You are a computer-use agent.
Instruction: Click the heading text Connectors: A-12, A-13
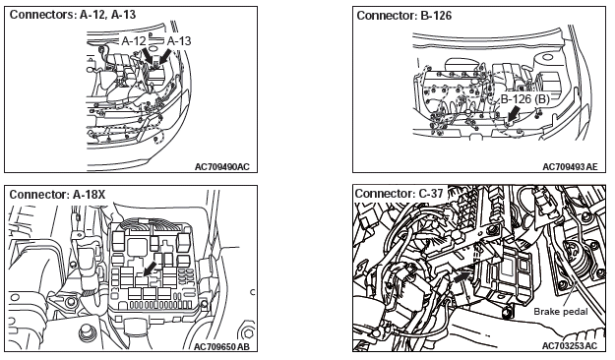pyautogui.click(x=73, y=15)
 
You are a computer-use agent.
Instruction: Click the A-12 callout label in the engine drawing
pyautogui.click(x=134, y=40)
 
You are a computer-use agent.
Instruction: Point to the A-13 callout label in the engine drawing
pyautogui.click(x=179, y=40)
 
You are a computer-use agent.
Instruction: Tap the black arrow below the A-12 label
pyautogui.click(x=148, y=55)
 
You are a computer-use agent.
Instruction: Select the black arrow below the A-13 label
pyautogui.click(x=165, y=55)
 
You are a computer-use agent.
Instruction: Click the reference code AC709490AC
pyautogui.click(x=222, y=166)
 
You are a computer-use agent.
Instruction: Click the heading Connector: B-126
pyautogui.click(x=404, y=16)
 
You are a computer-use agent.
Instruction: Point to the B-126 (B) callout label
pyautogui.click(x=525, y=98)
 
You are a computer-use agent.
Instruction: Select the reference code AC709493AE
pyautogui.click(x=570, y=166)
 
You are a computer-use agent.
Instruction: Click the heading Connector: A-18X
pyautogui.click(x=57, y=195)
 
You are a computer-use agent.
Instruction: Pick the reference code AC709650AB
pyautogui.click(x=221, y=347)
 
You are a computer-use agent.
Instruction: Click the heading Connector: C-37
pyautogui.click(x=399, y=194)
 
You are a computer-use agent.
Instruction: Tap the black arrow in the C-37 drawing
pyautogui.click(x=462, y=277)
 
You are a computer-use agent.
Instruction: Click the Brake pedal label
pyautogui.click(x=561, y=312)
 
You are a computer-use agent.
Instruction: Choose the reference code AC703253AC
pyautogui.click(x=570, y=345)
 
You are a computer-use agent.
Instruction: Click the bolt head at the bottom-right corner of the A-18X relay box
pyautogui.click(x=204, y=304)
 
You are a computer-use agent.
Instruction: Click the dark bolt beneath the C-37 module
pyautogui.click(x=508, y=313)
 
